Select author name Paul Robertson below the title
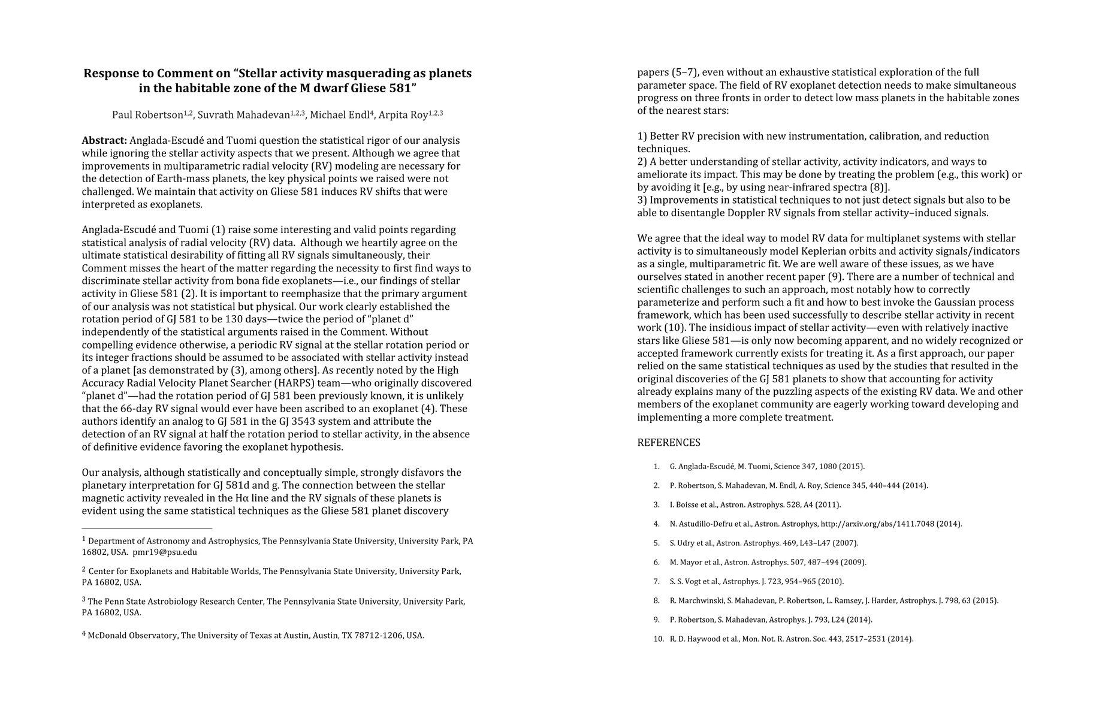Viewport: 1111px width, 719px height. coord(147,115)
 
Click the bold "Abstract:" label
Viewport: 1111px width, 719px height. coord(104,141)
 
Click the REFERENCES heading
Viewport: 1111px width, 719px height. coord(668,443)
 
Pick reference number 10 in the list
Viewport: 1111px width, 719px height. coord(659,639)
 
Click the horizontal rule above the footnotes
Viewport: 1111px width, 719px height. coord(147,529)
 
